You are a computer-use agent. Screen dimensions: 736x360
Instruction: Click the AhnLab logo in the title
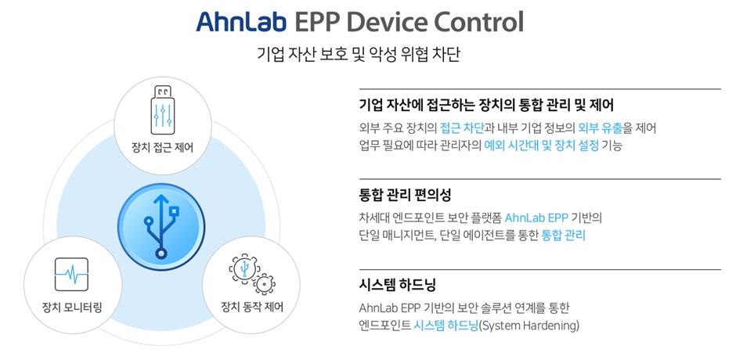pos(241,22)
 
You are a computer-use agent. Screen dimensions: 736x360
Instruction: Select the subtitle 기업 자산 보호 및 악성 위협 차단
pos(359,53)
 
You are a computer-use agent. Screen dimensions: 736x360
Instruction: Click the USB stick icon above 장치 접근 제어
pos(162,110)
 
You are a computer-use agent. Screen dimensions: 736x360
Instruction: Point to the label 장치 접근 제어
pos(162,149)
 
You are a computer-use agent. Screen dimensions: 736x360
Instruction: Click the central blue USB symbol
pos(161,227)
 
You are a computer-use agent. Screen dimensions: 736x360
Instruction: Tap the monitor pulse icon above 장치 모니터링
pos(71,274)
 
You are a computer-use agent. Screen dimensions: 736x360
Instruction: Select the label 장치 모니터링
pos(72,308)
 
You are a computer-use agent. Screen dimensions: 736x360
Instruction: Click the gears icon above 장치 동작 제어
pos(251,274)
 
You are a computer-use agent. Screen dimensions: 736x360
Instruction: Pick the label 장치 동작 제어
pos(252,308)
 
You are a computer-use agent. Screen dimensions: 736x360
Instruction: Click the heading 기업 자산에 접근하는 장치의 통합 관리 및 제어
pos(486,105)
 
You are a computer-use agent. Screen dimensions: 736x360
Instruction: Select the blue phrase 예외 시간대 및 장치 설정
pos(542,146)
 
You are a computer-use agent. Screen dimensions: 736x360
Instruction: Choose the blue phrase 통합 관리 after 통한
pos(563,236)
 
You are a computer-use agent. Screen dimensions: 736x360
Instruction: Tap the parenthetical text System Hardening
pos(529,326)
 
